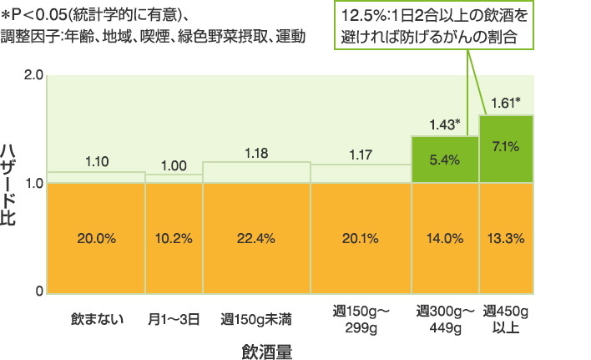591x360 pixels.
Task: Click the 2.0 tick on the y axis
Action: [x=34, y=75]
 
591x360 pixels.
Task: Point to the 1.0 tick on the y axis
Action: [x=34, y=183]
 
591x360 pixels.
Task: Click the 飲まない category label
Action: [x=96, y=318]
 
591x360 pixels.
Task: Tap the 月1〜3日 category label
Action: [x=174, y=318]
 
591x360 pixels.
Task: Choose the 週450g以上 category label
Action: [x=507, y=318]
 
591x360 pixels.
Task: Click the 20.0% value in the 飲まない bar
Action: [x=96, y=238]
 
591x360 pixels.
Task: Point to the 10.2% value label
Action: [x=174, y=238]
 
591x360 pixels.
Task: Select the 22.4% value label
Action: [x=255, y=238]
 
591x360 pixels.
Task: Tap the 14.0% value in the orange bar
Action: [x=444, y=238]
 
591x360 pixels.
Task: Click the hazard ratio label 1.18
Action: [x=255, y=152]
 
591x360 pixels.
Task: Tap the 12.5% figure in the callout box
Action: [x=361, y=17]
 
